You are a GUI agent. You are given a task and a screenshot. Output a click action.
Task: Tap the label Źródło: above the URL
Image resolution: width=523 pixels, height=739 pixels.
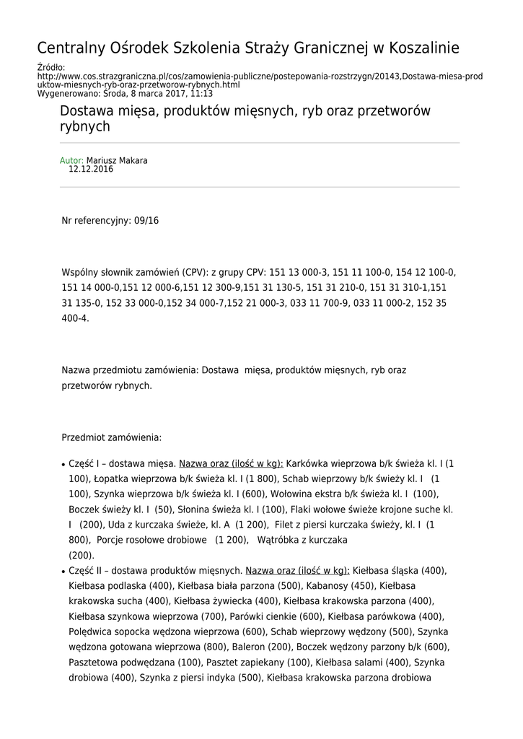point(50,68)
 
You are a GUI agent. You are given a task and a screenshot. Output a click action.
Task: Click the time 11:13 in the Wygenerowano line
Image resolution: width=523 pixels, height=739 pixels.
point(201,94)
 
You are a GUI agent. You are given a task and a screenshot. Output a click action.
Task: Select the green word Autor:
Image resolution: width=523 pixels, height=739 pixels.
point(71,160)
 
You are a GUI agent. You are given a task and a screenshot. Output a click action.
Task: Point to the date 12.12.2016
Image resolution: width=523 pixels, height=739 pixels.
point(91,169)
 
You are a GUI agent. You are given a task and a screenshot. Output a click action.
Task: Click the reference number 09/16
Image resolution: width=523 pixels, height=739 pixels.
point(146,220)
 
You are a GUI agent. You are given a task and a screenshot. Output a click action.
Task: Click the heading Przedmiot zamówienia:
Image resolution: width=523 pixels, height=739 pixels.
point(112,437)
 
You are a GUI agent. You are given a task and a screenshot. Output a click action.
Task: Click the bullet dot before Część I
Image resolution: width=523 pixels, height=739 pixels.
point(63,464)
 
